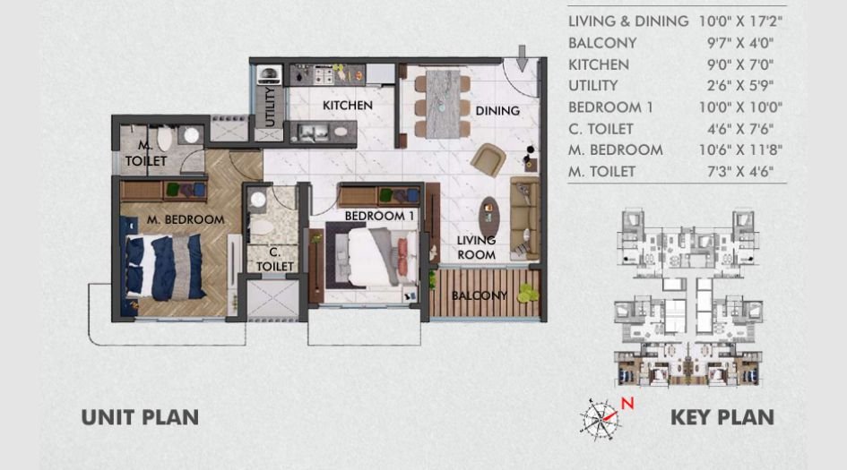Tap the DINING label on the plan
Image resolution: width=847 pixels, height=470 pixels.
pos(497,111)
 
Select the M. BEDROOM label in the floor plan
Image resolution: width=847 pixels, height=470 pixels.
pos(186,219)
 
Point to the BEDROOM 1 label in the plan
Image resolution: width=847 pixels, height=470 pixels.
pos(377,216)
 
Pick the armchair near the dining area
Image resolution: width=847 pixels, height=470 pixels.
pos(488,159)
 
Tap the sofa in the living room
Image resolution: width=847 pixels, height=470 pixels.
pos(524,218)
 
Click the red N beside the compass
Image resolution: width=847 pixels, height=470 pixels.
pos(628,403)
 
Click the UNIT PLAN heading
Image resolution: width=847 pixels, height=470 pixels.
pos(140,417)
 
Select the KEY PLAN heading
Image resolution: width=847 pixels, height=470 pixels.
pos(722,417)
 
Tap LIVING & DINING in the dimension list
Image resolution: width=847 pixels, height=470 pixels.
pos(628,21)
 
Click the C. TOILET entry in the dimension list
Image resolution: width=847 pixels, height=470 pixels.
pos(601,128)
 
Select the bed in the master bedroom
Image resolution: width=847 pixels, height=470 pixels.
pos(167,265)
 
